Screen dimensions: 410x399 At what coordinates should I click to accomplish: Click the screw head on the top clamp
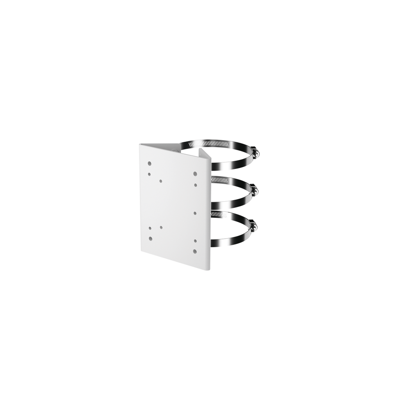(x=257, y=153)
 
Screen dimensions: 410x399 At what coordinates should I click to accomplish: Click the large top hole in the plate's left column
(x=150, y=164)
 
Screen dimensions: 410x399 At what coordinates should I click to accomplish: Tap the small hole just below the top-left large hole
(x=150, y=174)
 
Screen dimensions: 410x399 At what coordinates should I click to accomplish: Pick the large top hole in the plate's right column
(x=195, y=173)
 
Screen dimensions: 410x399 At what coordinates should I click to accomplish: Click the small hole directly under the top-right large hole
(x=195, y=185)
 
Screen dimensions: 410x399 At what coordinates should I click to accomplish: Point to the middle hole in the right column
(x=195, y=213)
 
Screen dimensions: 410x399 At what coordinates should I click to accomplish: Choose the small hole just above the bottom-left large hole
(x=150, y=228)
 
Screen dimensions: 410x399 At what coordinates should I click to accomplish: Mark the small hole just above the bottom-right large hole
(x=196, y=241)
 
